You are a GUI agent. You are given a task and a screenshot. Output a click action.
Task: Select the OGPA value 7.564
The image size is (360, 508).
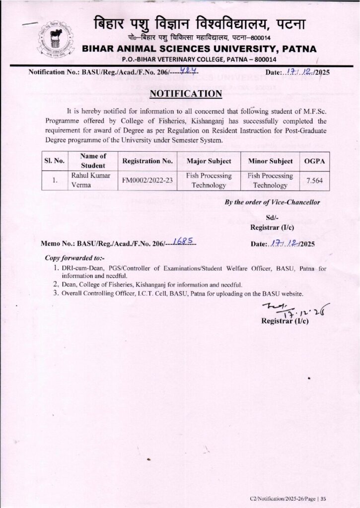click(314, 181)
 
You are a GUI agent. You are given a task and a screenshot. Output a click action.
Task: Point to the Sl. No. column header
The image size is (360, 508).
click(53, 161)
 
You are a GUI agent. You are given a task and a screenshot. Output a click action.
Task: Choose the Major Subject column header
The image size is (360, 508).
click(209, 161)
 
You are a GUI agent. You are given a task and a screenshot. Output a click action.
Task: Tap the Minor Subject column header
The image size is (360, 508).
click(270, 161)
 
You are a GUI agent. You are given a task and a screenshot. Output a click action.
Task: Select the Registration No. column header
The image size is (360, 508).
click(147, 161)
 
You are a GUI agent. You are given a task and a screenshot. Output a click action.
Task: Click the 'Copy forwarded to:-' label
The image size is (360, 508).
click(74, 258)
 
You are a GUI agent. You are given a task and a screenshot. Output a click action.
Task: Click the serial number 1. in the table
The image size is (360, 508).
click(55, 181)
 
